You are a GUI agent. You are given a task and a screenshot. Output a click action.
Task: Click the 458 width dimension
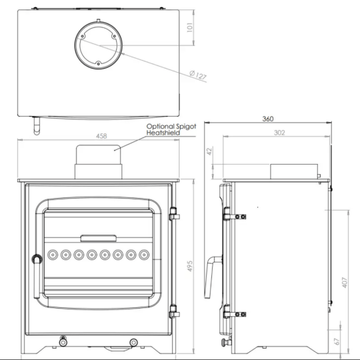pos(101,136)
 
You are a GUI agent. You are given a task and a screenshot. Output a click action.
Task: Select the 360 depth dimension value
pos(267,119)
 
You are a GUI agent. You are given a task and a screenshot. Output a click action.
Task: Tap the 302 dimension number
pos(279,133)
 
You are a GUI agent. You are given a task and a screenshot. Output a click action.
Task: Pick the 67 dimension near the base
pos(337,341)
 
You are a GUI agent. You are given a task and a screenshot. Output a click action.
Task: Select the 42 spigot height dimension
pos(209,152)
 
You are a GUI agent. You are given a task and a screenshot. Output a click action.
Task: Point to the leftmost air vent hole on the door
pos(53,254)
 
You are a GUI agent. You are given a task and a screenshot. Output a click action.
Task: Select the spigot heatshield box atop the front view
pos(99,162)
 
